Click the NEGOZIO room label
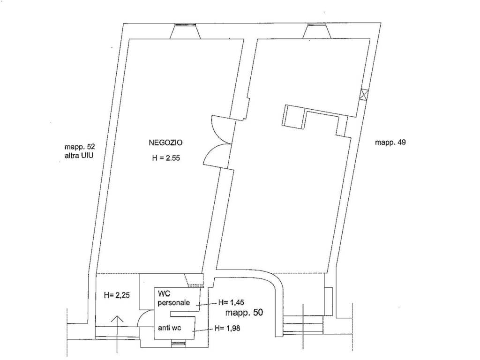click(165, 142)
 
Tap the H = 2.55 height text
click(166, 158)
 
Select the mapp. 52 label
click(82, 147)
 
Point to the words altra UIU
click(79, 156)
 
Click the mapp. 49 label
click(390, 142)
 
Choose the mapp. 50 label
click(244, 313)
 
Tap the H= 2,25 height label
click(117, 295)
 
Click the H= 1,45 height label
click(231, 303)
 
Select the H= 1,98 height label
click(227, 329)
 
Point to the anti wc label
click(170, 328)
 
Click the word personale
click(174, 303)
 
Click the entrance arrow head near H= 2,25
click(118, 319)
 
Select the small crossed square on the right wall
click(363, 94)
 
